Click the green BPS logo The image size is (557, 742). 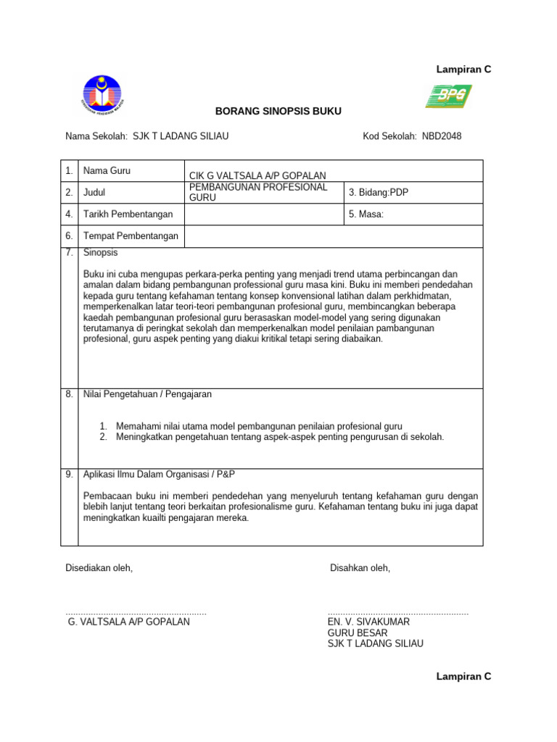(x=447, y=96)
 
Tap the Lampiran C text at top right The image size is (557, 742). (x=463, y=70)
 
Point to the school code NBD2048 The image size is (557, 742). (x=442, y=136)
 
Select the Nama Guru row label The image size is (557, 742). (x=107, y=171)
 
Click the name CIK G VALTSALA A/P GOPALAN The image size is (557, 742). (x=257, y=175)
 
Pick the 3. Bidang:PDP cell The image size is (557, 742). (x=374, y=192)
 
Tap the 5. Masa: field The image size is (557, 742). (x=366, y=214)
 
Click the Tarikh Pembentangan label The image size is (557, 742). (x=128, y=214)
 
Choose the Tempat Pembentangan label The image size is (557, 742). (x=131, y=235)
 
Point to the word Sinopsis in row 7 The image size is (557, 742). (x=101, y=253)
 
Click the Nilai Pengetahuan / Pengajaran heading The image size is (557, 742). (x=148, y=394)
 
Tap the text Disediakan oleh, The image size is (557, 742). (x=99, y=568)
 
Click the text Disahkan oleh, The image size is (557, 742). (x=360, y=568)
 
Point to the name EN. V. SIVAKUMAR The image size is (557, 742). (x=369, y=622)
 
